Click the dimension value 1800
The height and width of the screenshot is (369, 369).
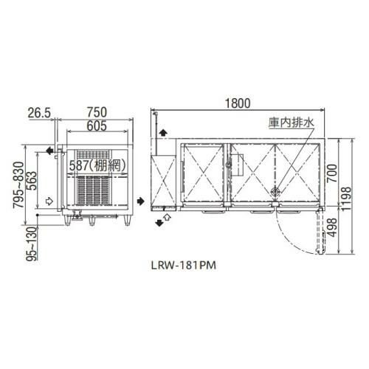pos(235,103)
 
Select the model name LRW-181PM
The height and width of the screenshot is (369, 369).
pos(187,262)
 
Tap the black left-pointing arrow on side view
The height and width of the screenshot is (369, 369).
pos(49,151)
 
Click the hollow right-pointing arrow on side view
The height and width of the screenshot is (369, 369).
pos(49,199)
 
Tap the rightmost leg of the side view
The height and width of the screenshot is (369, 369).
pos(125,219)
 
